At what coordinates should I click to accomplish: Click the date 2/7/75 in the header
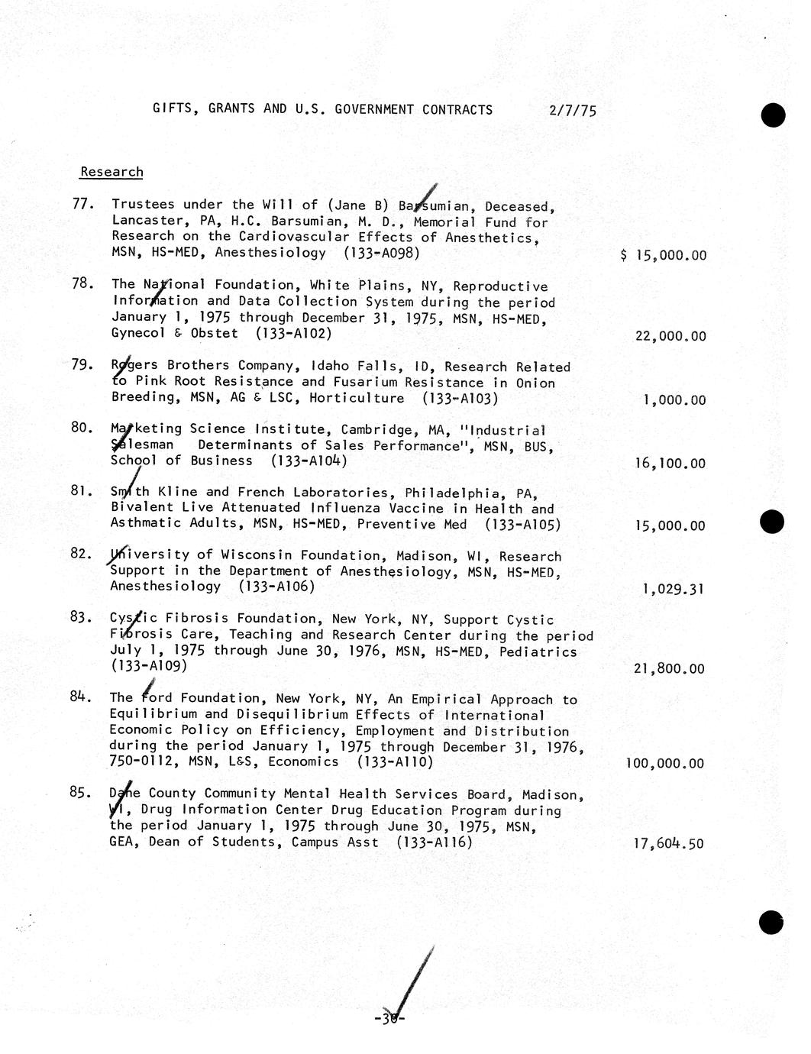coord(572,110)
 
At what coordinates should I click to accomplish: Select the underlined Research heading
coord(111,172)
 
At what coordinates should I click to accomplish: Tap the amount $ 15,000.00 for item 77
coord(664,255)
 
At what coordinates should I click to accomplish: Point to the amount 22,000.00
coord(670,336)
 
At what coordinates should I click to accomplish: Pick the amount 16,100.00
coord(670,463)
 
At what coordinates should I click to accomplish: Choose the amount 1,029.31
coord(674,589)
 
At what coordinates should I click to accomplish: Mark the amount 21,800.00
coord(669,668)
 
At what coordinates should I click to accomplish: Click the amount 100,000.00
coord(664,763)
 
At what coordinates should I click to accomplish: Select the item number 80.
coord(81,428)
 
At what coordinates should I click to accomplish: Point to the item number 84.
coord(81,697)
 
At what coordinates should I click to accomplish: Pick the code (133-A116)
coord(434,842)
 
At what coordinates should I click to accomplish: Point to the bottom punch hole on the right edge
coord(771,922)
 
